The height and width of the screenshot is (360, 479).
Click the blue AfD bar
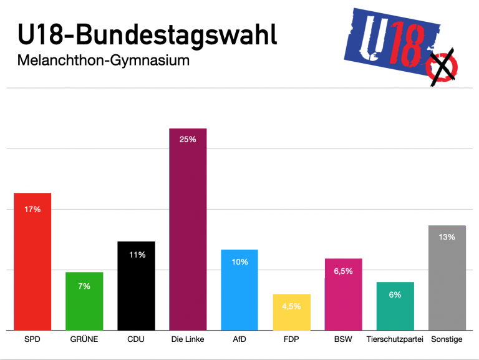click(239, 289)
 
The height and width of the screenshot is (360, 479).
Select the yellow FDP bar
click(291, 311)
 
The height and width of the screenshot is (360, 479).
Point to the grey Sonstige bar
click(447, 277)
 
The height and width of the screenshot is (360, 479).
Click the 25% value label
click(188, 140)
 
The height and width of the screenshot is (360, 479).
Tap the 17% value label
click(32, 210)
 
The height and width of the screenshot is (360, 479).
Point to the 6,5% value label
click(343, 271)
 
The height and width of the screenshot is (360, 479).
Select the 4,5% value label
click(291, 306)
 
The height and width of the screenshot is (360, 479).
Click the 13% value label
click(447, 237)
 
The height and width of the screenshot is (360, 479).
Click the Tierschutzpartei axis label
click(395, 340)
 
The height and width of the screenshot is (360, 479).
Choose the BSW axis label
click(343, 340)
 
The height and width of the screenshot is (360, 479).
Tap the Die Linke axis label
click(188, 340)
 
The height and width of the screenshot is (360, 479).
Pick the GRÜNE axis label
click(84, 340)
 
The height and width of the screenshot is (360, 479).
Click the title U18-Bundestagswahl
click(147, 36)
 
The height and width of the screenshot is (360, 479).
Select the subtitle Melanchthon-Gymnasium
click(103, 62)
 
